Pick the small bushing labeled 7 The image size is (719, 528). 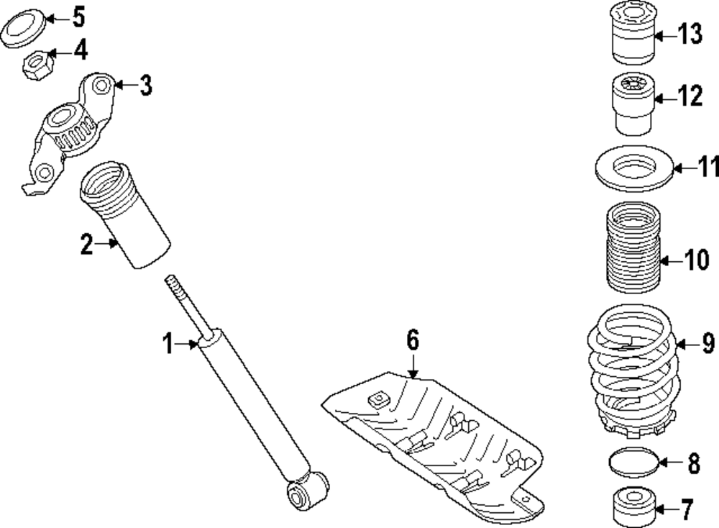click(x=635, y=508)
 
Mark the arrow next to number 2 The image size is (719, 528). click(x=110, y=245)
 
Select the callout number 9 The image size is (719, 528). click(x=707, y=345)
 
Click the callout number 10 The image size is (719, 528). click(x=695, y=260)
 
